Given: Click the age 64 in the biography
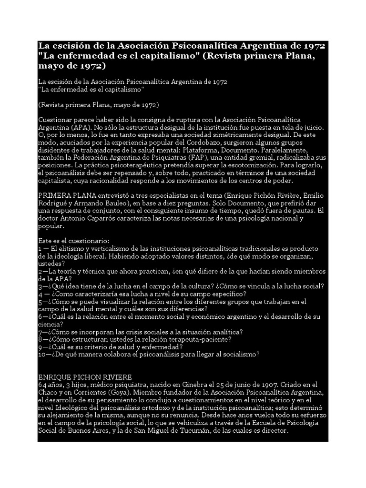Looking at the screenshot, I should (42, 384).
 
